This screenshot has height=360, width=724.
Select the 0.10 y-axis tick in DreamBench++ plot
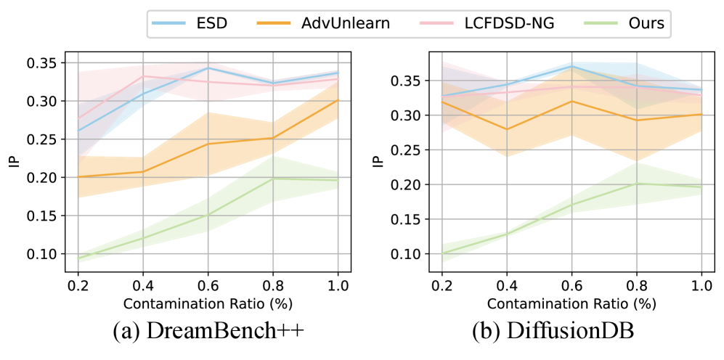(40, 254)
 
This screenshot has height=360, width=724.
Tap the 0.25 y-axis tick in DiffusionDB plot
(404, 150)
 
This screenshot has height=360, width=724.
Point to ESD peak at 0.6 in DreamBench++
(208, 67)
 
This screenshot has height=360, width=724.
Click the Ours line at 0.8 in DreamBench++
(272, 179)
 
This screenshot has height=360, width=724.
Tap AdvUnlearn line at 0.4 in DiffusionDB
(505, 129)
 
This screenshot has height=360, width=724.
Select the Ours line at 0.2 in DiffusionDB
(441, 253)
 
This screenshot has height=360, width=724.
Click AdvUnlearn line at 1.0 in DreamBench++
(337, 100)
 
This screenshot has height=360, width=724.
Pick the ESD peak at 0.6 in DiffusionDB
(571, 66)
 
